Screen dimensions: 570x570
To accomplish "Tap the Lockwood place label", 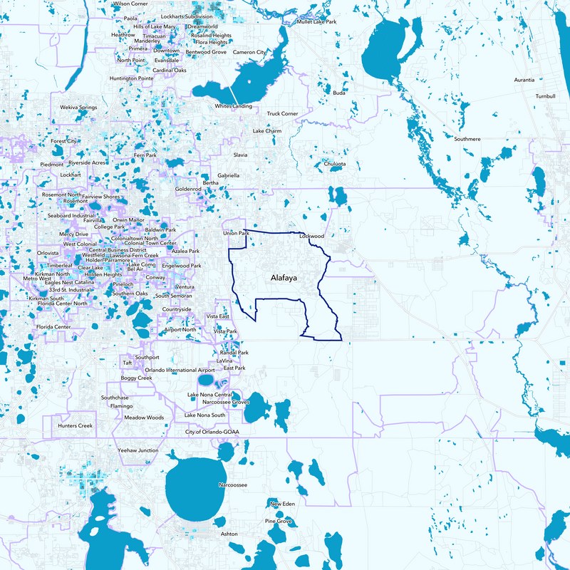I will point(312,235).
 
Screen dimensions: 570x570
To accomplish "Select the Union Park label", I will point(236,233).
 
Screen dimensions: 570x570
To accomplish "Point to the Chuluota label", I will point(334,163).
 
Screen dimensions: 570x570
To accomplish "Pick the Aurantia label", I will point(528,80).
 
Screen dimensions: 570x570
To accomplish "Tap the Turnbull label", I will point(546,95).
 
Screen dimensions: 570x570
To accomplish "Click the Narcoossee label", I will point(232,484).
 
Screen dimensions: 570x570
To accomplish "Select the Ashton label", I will point(229,534).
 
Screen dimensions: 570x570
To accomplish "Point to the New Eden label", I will point(282,504).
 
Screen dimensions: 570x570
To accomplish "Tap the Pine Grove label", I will point(279,522).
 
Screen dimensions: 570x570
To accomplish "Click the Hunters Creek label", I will point(76,425).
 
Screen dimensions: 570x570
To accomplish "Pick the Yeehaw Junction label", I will point(138,450).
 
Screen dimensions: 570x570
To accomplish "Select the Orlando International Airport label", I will point(180,370).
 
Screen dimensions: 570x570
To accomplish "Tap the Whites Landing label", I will point(234,106).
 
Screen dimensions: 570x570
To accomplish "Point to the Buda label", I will point(339,93).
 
